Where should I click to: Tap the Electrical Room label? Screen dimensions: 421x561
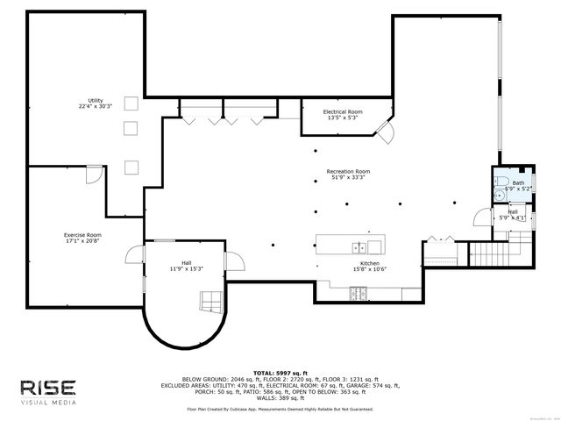[343, 112]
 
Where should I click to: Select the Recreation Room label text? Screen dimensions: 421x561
[348, 172]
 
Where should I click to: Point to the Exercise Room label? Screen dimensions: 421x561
[82, 235]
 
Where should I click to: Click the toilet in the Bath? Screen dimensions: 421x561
[500, 183]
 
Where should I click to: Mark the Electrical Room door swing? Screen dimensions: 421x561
[387, 134]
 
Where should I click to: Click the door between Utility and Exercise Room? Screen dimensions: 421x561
[91, 174]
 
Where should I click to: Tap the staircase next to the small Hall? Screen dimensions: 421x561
[503, 256]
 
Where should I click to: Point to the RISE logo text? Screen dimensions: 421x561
[49, 388]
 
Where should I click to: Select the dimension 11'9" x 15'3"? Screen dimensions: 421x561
[186, 268]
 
